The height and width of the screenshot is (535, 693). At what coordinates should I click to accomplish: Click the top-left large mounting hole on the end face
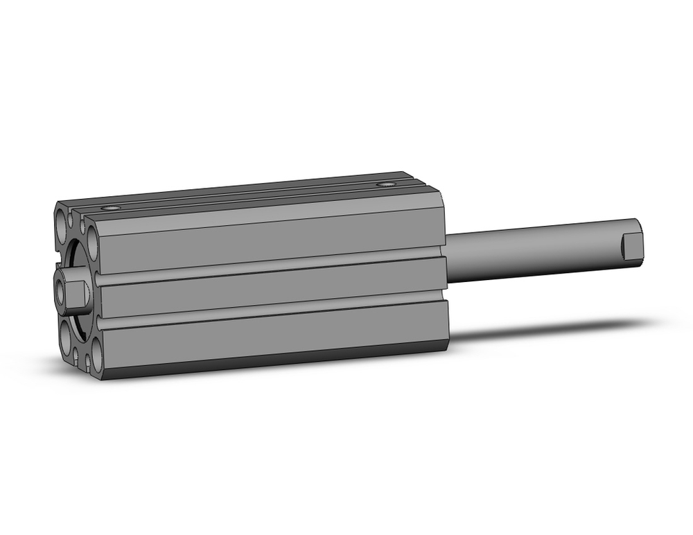point(64,223)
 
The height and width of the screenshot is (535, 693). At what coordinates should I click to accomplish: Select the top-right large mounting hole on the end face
point(92,228)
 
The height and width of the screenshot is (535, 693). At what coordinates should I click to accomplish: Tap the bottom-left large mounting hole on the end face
point(65,340)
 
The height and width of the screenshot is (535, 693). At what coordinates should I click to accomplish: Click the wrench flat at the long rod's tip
point(631,247)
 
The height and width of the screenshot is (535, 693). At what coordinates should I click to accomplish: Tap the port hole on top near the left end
point(109,208)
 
